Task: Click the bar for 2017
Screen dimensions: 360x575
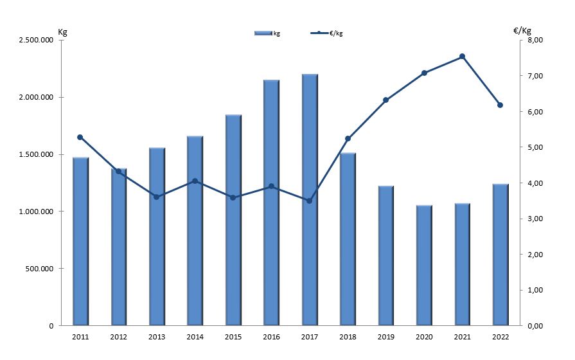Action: [310, 199]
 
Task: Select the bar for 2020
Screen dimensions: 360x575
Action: [424, 265]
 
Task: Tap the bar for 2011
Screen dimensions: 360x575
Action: [80, 241]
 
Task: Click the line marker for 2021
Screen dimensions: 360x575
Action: [462, 57]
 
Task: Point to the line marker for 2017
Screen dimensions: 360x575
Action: [309, 201]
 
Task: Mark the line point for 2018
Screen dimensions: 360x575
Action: [348, 139]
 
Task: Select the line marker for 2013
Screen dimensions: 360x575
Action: [156, 197]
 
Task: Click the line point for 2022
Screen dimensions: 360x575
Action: [500, 105]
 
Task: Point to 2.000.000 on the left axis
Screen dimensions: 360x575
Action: [38, 98]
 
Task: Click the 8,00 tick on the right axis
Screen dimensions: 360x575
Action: [535, 40]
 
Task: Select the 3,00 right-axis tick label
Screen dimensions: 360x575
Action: [535, 219]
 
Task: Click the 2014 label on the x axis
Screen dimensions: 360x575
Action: [195, 336]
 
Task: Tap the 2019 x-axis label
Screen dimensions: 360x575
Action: [385, 336]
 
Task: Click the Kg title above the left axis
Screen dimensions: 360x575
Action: [62, 31]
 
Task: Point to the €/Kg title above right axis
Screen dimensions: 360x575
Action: [522, 30]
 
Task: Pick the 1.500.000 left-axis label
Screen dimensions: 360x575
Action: [38, 155]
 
